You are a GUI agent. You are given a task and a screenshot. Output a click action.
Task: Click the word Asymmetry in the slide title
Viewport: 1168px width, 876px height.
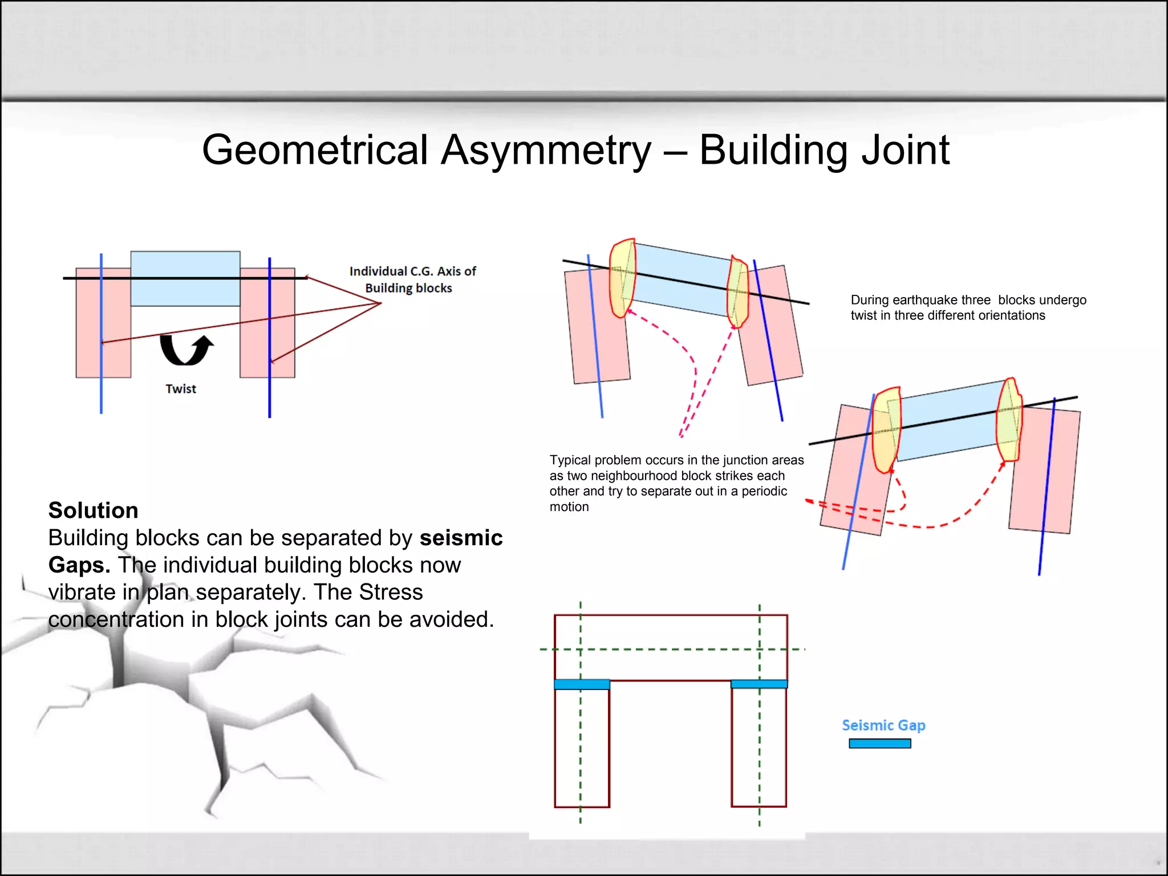(546, 151)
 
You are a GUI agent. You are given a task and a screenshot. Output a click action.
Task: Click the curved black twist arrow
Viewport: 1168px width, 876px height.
(185, 349)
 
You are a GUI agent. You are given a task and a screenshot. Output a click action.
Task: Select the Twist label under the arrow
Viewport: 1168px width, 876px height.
(181, 389)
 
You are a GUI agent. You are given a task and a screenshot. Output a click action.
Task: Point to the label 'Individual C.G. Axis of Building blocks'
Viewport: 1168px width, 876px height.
(412, 279)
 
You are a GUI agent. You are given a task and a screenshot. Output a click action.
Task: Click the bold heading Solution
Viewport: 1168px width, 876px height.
(94, 510)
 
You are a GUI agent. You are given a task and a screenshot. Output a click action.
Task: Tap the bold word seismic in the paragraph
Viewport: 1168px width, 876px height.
(461, 538)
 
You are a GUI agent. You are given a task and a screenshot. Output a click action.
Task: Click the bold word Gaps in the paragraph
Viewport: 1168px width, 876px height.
(78, 565)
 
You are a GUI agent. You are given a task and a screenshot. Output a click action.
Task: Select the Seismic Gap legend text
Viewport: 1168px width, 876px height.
(883, 725)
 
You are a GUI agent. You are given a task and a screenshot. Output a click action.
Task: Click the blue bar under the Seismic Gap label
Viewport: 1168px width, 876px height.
(879, 744)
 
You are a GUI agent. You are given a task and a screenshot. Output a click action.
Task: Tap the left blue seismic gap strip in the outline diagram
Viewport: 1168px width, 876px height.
(582, 684)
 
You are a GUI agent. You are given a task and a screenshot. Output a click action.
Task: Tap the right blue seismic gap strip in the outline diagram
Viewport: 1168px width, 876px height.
(759, 684)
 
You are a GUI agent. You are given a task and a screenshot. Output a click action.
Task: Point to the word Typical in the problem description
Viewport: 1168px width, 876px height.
(570, 460)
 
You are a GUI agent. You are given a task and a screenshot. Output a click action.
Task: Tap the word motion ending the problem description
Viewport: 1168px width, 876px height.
(569, 507)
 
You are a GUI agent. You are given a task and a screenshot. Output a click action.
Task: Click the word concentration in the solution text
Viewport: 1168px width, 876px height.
(116, 620)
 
